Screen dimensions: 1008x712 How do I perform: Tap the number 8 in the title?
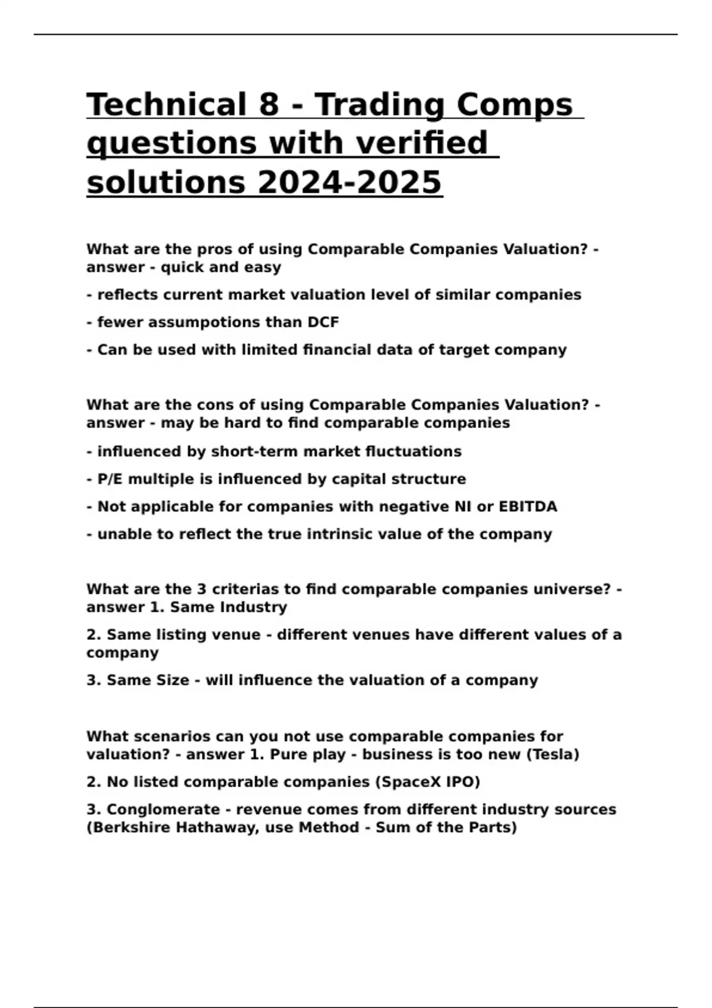point(269,104)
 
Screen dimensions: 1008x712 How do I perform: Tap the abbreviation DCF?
point(323,323)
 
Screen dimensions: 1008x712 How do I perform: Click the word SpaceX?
point(410,782)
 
